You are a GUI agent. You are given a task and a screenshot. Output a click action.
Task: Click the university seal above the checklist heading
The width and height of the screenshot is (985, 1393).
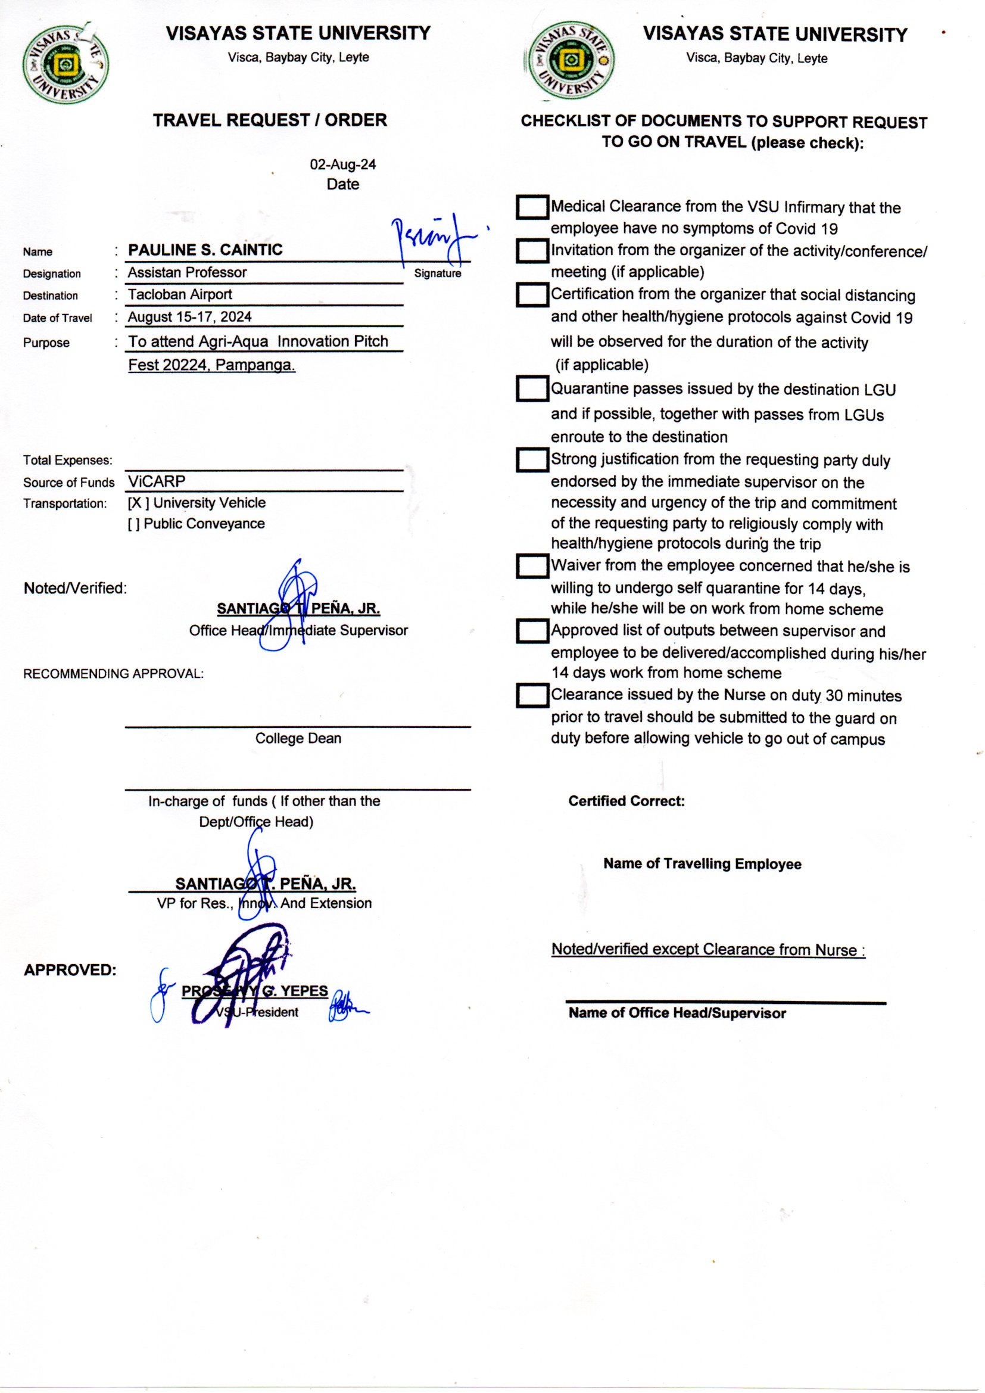click(570, 61)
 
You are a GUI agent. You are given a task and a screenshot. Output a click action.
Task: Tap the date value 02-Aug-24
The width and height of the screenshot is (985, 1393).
click(342, 164)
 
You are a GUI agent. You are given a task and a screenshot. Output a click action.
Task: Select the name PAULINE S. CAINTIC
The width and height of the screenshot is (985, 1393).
click(205, 250)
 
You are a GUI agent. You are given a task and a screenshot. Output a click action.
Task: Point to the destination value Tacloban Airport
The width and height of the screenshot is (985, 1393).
click(179, 295)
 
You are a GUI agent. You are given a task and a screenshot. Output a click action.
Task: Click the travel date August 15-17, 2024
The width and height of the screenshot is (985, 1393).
click(189, 317)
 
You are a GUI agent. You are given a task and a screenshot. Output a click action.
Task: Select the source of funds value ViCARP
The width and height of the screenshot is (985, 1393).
click(157, 482)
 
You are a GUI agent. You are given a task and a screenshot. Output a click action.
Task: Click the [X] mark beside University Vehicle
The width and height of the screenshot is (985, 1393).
click(138, 503)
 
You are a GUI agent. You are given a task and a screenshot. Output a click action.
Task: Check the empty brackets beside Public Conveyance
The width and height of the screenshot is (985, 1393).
click(133, 524)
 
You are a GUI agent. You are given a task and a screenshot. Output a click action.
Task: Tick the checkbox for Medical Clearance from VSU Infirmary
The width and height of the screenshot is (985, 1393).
click(532, 207)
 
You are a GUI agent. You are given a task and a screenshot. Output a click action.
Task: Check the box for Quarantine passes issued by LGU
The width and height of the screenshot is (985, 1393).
click(532, 389)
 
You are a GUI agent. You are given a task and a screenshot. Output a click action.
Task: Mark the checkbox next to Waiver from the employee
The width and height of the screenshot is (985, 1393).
click(532, 566)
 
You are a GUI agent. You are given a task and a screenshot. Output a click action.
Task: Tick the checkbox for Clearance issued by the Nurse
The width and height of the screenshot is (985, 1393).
click(532, 695)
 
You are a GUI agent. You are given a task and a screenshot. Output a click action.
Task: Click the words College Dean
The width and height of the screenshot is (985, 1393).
click(298, 738)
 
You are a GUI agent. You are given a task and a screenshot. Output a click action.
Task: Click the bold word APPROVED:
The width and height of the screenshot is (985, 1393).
click(70, 970)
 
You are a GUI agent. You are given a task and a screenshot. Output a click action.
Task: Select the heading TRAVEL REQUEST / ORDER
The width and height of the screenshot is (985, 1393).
click(270, 120)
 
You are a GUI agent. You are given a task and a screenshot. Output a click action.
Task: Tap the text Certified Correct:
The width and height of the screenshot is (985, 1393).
click(626, 801)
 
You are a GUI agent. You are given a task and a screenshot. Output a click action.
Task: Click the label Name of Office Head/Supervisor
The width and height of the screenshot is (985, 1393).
click(677, 1013)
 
